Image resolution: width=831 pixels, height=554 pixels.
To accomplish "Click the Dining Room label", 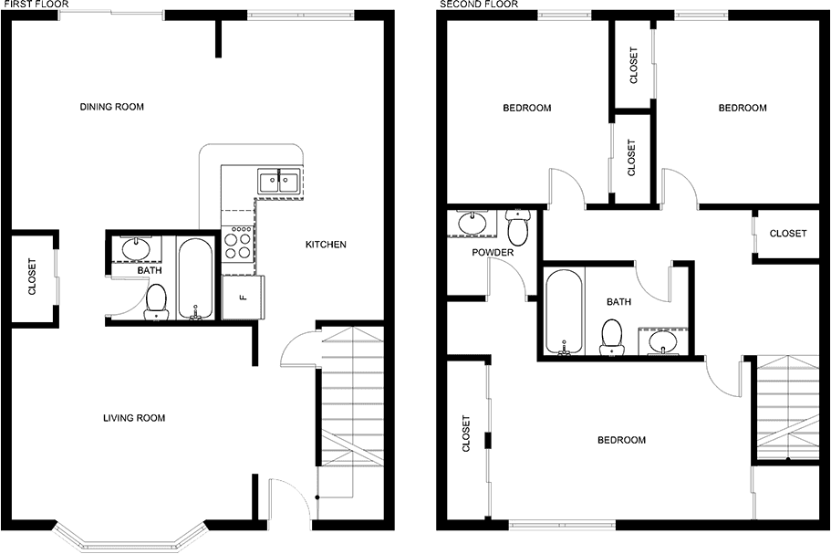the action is pos(112,107).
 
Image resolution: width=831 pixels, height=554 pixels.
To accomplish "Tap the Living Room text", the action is pos(134,418).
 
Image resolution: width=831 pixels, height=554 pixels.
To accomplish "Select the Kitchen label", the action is pos(326,245).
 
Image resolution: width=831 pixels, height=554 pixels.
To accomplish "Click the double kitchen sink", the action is pos(279,181).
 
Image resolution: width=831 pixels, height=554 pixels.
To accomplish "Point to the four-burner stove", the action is pos(238,243).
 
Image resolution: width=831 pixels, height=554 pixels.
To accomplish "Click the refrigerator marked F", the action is pos(243,298).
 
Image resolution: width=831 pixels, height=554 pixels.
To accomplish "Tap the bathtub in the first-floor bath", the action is pos(195,279).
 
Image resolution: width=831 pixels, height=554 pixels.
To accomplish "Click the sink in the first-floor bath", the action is pos(137,248).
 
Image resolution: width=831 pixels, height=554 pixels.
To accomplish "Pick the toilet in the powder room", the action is pos(518,227).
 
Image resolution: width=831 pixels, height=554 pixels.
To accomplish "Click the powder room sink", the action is pos(473,223).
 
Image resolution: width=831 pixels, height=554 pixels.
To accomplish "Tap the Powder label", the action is pos(493,252).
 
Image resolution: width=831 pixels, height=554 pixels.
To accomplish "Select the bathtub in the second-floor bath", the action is pos(565,311).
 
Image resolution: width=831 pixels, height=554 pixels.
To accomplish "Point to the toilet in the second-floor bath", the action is pos(611,337).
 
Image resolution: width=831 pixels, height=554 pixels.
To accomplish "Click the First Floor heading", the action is pos(35,5).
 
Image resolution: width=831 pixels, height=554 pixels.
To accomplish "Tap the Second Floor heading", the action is pos(479,5).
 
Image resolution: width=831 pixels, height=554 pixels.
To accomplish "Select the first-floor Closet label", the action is pos(32,277).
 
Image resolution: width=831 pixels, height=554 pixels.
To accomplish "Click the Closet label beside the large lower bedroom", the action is pos(466,434).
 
